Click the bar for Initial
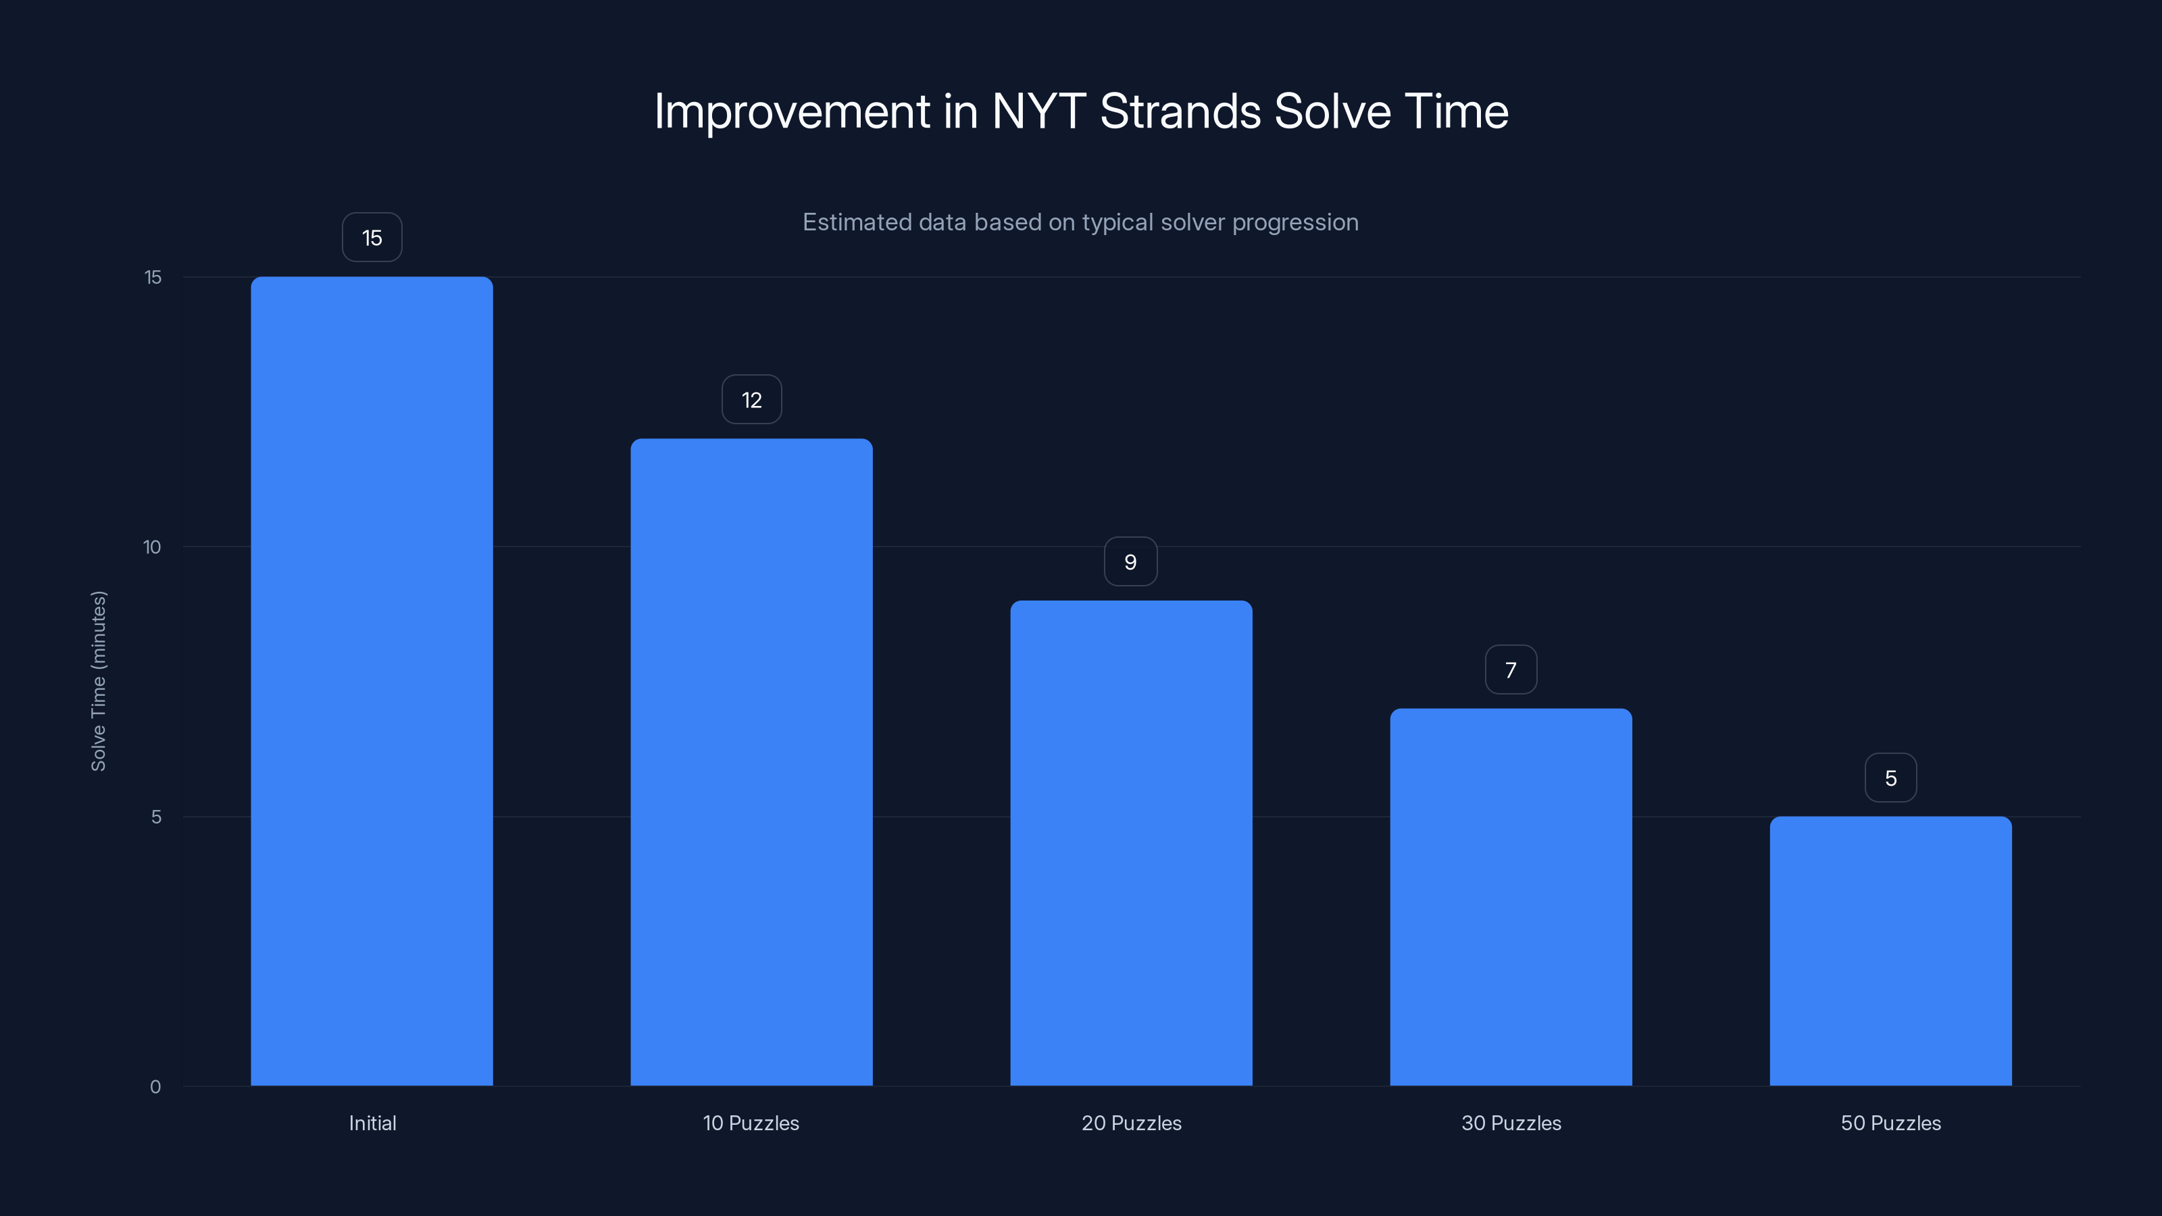click(x=372, y=680)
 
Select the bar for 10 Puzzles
click(x=751, y=762)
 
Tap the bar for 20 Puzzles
click(x=1130, y=842)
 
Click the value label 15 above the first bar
click(x=372, y=238)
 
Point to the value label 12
click(x=751, y=399)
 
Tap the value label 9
click(x=1130, y=561)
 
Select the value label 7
click(x=1511, y=669)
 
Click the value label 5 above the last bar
click(x=1890, y=778)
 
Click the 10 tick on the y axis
click(x=152, y=547)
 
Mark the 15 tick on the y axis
click(x=153, y=277)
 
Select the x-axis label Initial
click(x=372, y=1123)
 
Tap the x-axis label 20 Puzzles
click(x=1130, y=1123)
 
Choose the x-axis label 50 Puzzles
click(x=1890, y=1123)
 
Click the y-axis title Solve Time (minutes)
click(x=98, y=680)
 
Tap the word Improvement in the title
click(x=791, y=111)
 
